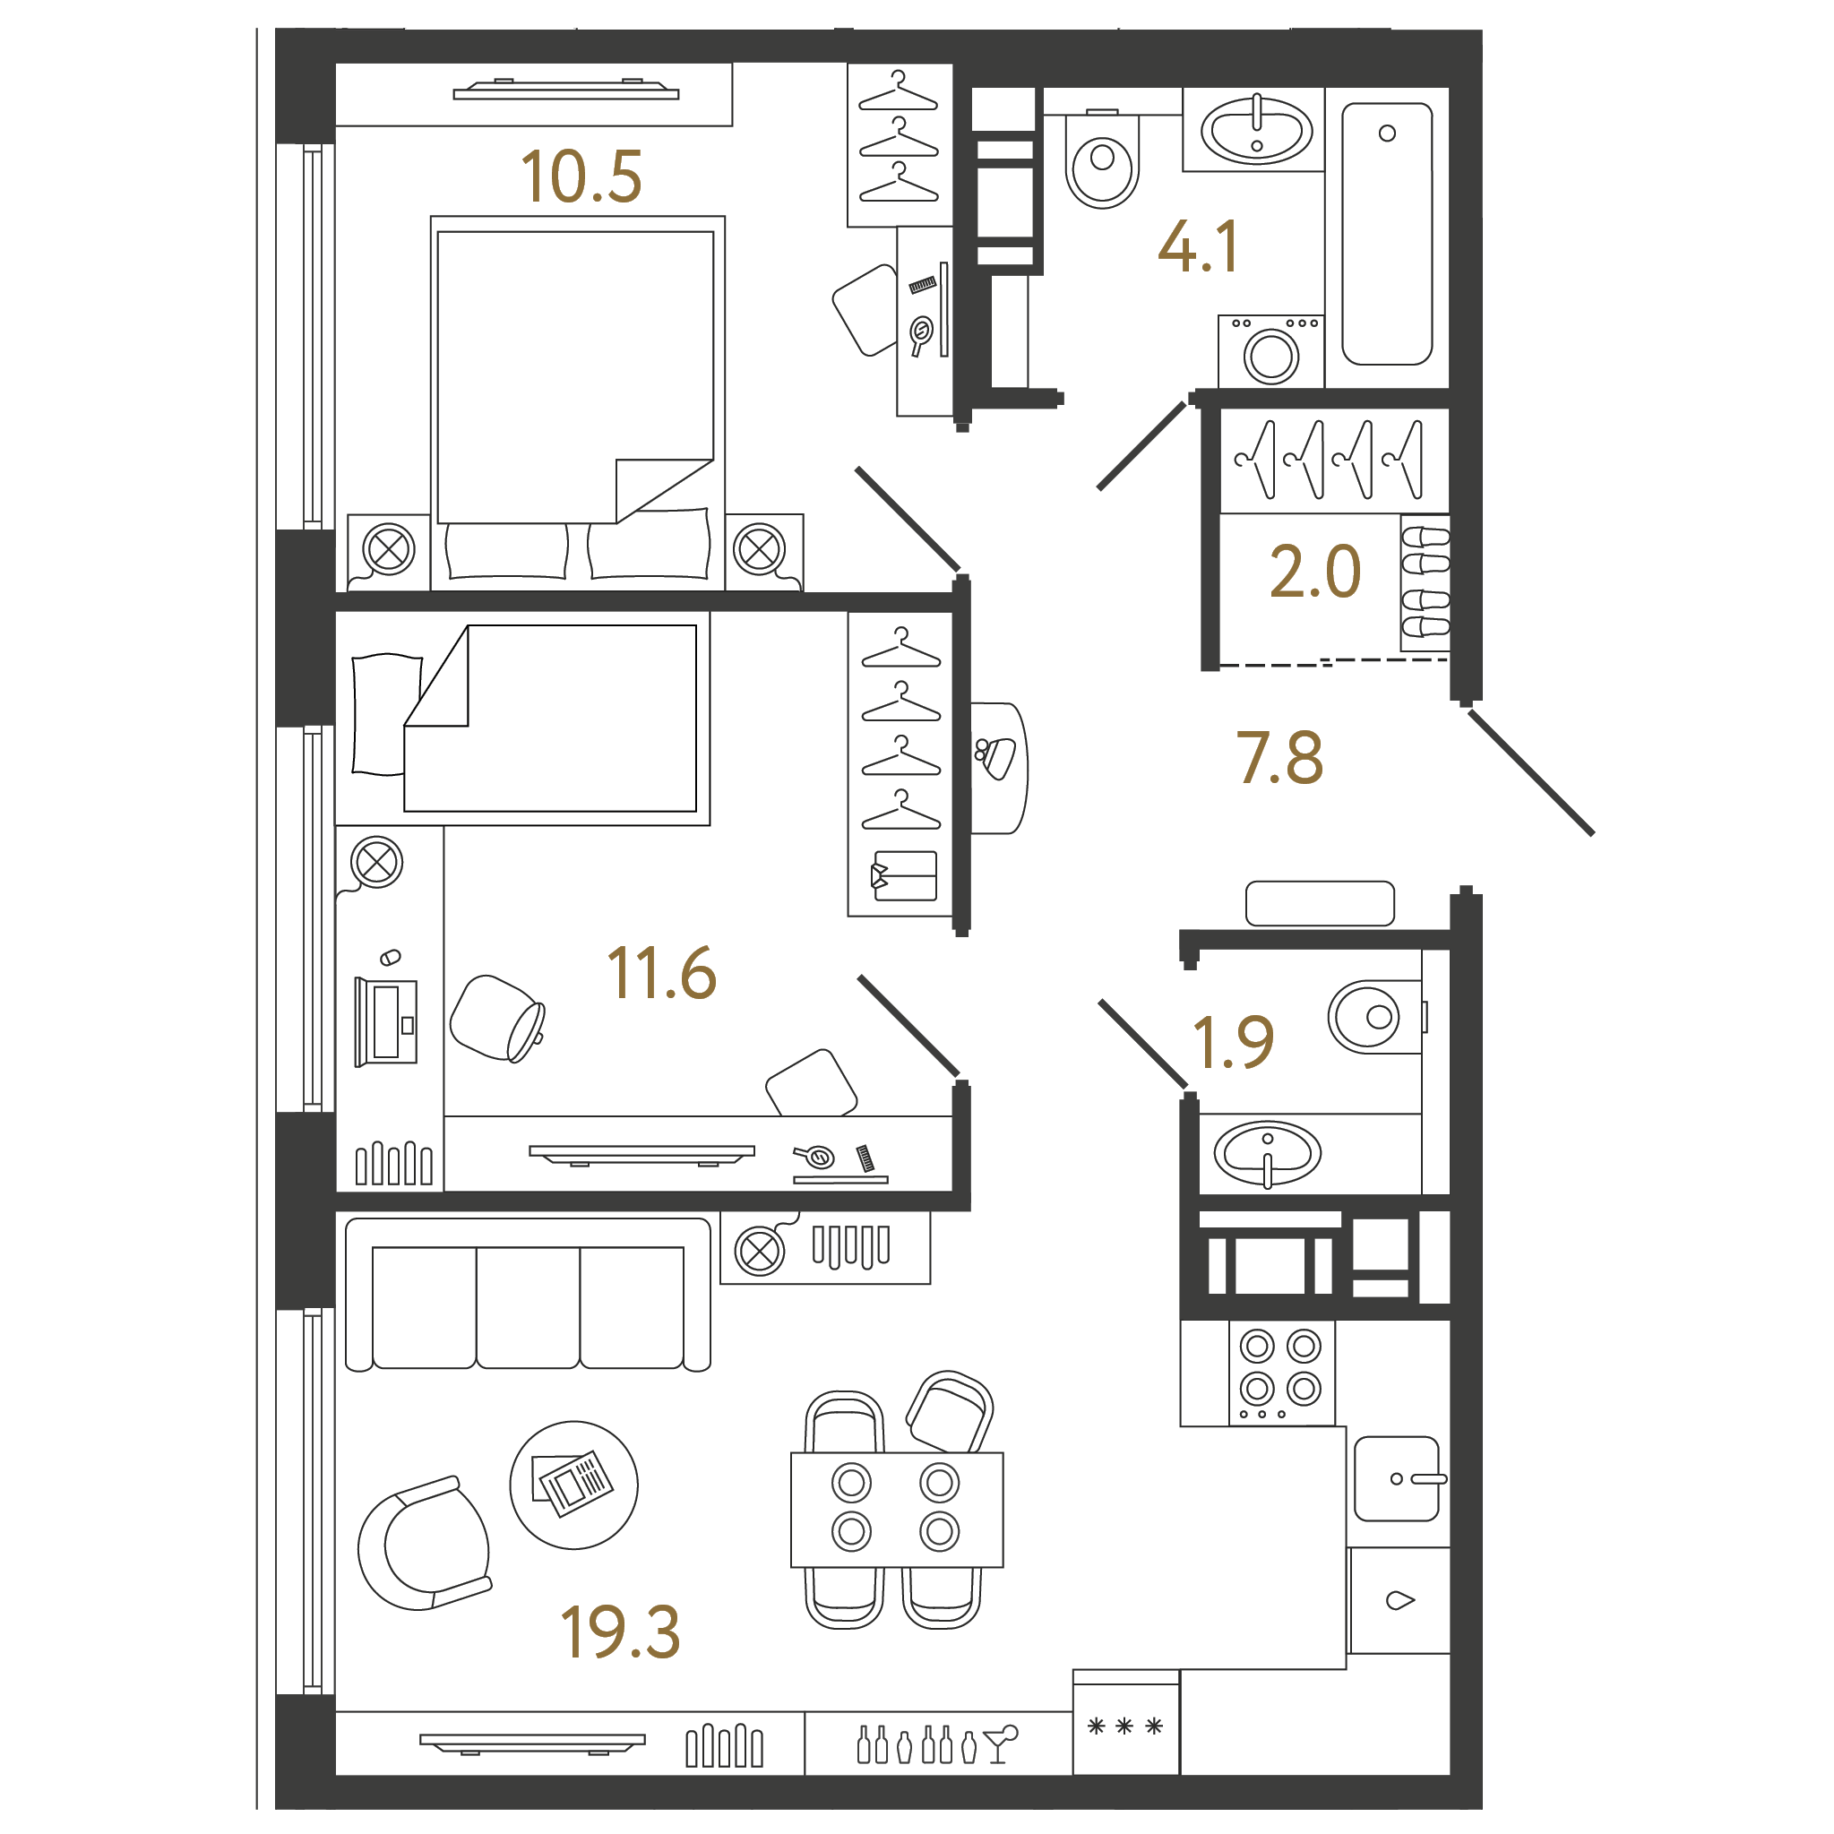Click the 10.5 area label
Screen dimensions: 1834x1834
point(581,177)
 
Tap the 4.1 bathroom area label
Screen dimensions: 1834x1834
point(1198,246)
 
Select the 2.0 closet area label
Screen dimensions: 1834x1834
point(1314,572)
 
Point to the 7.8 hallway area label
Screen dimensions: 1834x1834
point(1279,759)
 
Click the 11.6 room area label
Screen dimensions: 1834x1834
point(661,973)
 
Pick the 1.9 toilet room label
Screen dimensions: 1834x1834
point(1233,1041)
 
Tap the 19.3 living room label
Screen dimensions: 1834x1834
point(621,1632)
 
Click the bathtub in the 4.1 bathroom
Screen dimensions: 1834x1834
point(1386,234)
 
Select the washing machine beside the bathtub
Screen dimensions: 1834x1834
point(1271,351)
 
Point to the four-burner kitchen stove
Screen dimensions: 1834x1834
point(1281,1373)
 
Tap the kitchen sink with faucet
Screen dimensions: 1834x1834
point(1397,1478)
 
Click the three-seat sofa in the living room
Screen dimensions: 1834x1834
point(528,1295)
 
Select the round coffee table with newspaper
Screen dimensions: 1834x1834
point(573,1485)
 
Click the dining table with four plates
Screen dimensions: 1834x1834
point(897,1510)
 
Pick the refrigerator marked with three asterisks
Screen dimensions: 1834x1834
point(1126,1723)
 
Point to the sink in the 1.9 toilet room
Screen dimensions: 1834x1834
point(1267,1153)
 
